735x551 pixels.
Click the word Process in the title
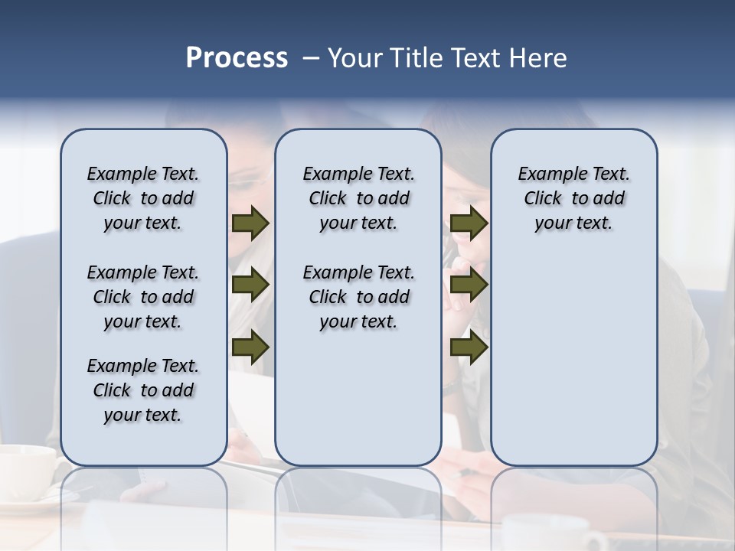pyautogui.click(x=237, y=58)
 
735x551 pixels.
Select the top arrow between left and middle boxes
pyautogui.click(x=250, y=223)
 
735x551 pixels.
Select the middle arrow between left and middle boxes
pyautogui.click(x=250, y=285)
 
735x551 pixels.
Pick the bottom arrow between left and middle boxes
pyautogui.click(x=250, y=347)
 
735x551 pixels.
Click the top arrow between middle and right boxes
pyautogui.click(x=469, y=223)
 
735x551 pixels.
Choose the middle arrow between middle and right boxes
pyautogui.click(x=469, y=285)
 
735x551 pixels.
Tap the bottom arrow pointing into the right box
pyautogui.click(x=469, y=347)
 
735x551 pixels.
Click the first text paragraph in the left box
pyautogui.click(x=143, y=198)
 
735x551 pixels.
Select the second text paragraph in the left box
pyautogui.click(x=143, y=297)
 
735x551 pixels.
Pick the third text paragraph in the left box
pyautogui.click(x=143, y=390)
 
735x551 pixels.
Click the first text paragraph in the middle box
pyautogui.click(x=358, y=198)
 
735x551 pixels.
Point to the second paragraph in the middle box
pyautogui.click(x=358, y=297)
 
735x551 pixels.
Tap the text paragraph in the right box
pyautogui.click(x=574, y=198)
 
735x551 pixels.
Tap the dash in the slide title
pyautogui.click(x=311, y=58)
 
